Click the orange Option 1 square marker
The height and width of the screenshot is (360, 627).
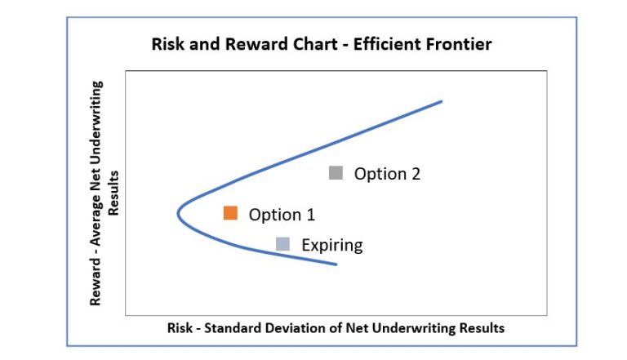pyautogui.click(x=230, y=213)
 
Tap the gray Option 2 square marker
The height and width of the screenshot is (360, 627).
pyautogui.click(x=336, y=173)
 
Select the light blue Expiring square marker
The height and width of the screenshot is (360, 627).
pyautogui.click(x=282, y=243)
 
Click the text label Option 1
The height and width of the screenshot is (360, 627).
pyautogui.click(x=282, y=215)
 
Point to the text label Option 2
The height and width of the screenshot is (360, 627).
pyautogui.click(x=387, y=174)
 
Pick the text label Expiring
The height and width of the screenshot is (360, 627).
pyautogui.click(x=331, y=245)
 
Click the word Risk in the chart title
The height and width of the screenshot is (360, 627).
pyautogui.click(x=168, y=44)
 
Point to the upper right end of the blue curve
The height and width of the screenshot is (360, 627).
pyautogui.click(x=441, y=101)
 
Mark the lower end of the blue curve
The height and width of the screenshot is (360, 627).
pyautogui.click(x=336, y=264)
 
